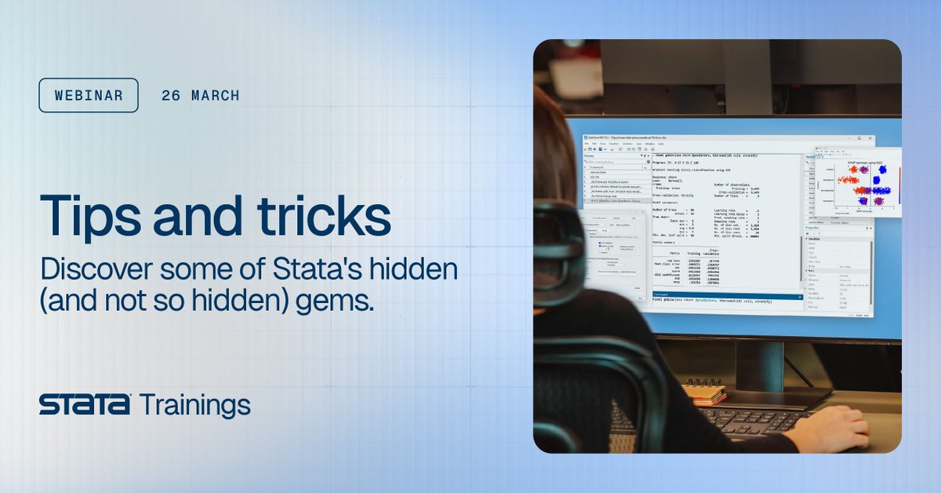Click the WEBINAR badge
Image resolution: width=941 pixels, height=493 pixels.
click(x=89, y=95)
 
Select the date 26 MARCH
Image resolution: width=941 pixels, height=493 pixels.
click(x=201, y=96)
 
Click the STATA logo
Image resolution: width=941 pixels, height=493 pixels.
click(x=85, y=405)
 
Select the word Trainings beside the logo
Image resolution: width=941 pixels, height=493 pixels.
click(x=195, y=405)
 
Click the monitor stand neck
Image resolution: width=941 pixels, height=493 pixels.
click(x=760, y=366)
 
